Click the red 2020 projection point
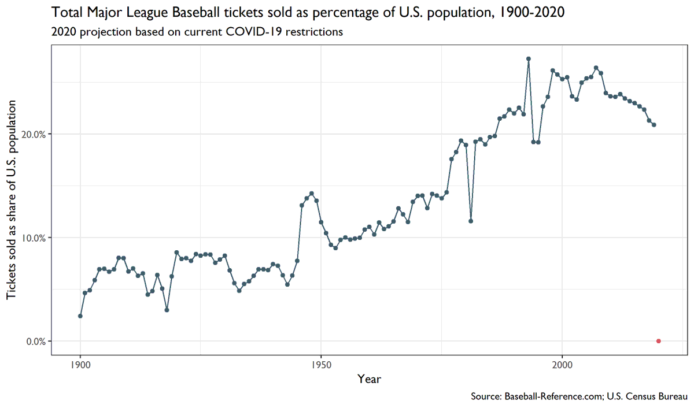click(659, 341)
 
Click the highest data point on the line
click(529, 58)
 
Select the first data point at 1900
click(80, 316)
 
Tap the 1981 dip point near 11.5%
click(471, 221)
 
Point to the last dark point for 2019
click(654, 125)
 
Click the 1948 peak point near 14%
click(312, 194)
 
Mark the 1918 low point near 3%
click(167, 310)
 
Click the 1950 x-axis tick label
click(321, 365)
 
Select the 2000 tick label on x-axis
click(562, 365)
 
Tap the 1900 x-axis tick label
click(80, 365)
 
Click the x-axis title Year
click(369, 379)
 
